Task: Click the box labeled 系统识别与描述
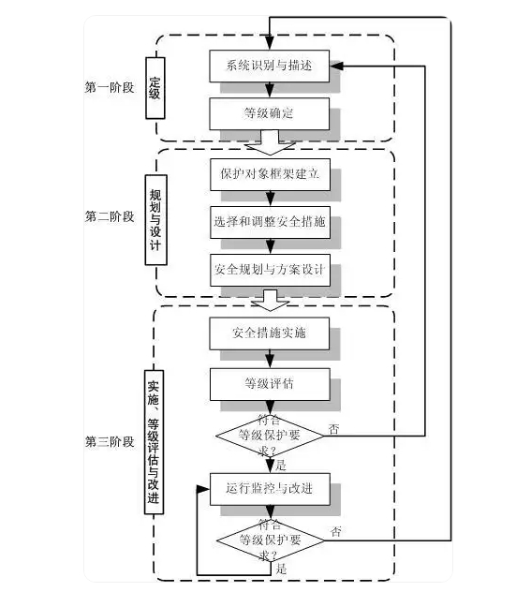270,66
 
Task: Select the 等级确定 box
270,113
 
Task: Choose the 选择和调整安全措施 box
270,222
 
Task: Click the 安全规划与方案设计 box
270,270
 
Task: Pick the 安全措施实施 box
270,333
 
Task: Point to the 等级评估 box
270,381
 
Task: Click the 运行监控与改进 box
270,488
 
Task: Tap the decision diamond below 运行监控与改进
270,540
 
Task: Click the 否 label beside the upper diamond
334,428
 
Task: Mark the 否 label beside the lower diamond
336,531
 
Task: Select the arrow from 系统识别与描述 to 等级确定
270,90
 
